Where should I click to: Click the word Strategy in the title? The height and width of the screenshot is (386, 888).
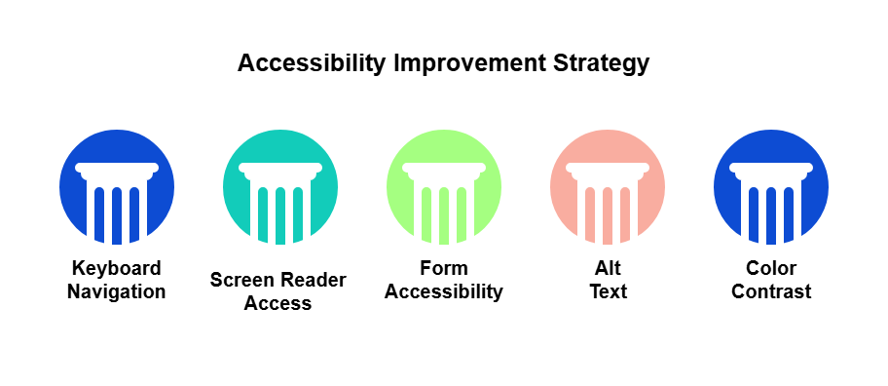click(601, 63)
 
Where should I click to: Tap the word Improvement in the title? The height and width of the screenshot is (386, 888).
click(469, 63)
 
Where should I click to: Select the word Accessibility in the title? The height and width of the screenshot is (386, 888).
click(312, 62)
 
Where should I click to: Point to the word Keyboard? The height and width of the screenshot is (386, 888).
click(117, 269)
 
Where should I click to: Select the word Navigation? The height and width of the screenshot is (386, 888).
click(117, 291)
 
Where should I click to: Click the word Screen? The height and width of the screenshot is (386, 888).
click(241, 280)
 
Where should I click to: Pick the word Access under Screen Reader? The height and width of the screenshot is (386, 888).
click(278, 303)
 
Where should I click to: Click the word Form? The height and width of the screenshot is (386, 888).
click(444, 268)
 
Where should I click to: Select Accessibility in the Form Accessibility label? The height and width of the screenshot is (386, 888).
click(444, 292)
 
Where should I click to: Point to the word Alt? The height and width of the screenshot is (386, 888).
click(608, 268)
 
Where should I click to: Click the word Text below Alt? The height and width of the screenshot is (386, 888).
click(609, 291)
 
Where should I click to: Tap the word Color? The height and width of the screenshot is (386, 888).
click(771, 268)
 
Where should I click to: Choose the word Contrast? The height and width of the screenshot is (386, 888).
click(771, 291)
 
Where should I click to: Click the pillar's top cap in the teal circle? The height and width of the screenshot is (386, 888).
click(280, 169)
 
